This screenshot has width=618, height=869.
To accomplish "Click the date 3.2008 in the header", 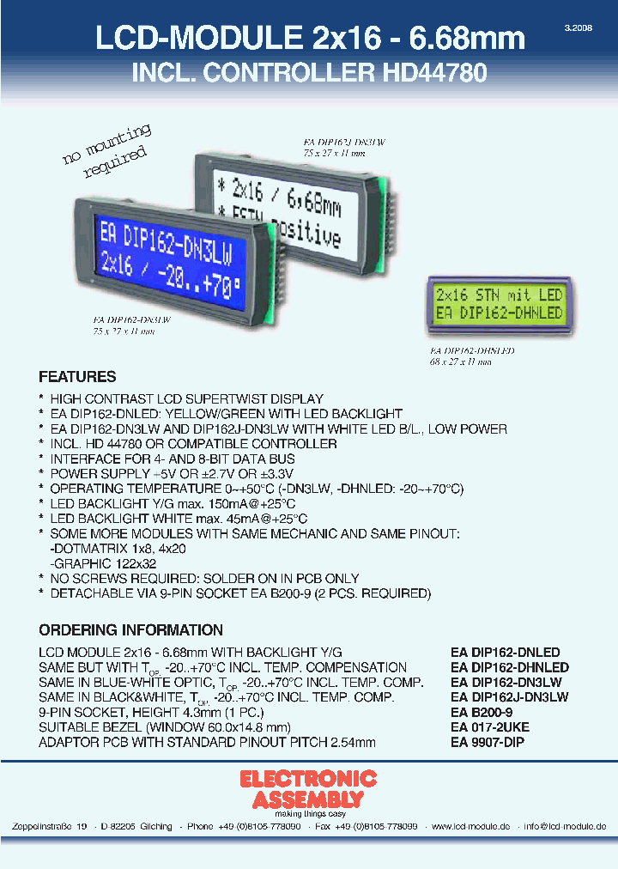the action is click(x=578, y=28).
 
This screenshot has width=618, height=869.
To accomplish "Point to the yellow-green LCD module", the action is click(x=498, y=305).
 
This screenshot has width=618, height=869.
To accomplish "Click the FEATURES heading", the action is click(x=77, y=377).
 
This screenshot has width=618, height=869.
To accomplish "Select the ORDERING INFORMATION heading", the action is click(x=130, y=629).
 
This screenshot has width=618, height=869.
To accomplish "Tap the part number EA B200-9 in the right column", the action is click(x=482, y=713).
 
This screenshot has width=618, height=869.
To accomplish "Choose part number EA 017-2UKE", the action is click(x=490, y=726).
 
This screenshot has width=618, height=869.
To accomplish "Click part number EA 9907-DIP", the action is click(x=488, y=741).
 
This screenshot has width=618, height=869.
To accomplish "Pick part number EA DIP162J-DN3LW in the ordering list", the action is click(x=510, y=697).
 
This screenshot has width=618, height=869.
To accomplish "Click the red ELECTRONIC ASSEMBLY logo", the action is click(x=308, y=789).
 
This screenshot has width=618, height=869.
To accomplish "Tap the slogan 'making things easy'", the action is click(x=308, y=813).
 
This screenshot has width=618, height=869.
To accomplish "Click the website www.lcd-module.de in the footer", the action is click(x=470, y=826).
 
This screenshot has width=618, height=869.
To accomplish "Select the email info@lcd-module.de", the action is click(x=566, y=826).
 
